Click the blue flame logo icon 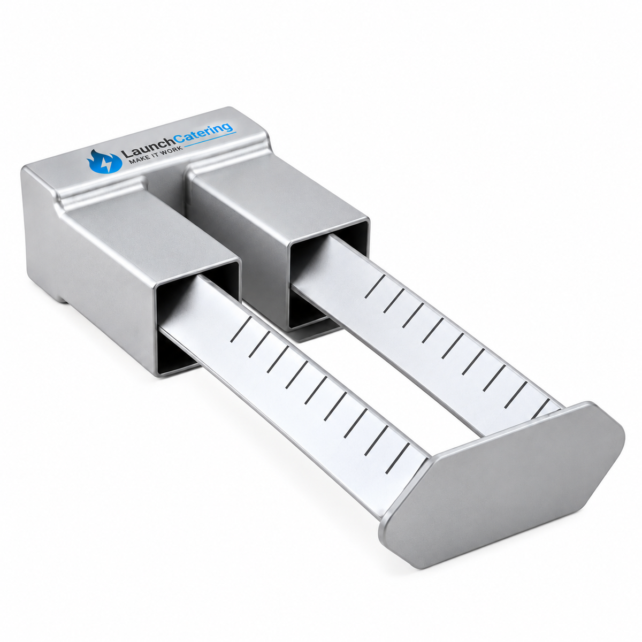pos(104,162)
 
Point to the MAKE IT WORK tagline pos(156,155)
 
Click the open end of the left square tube pos(197,318)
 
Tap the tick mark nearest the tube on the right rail pos(375,286)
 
